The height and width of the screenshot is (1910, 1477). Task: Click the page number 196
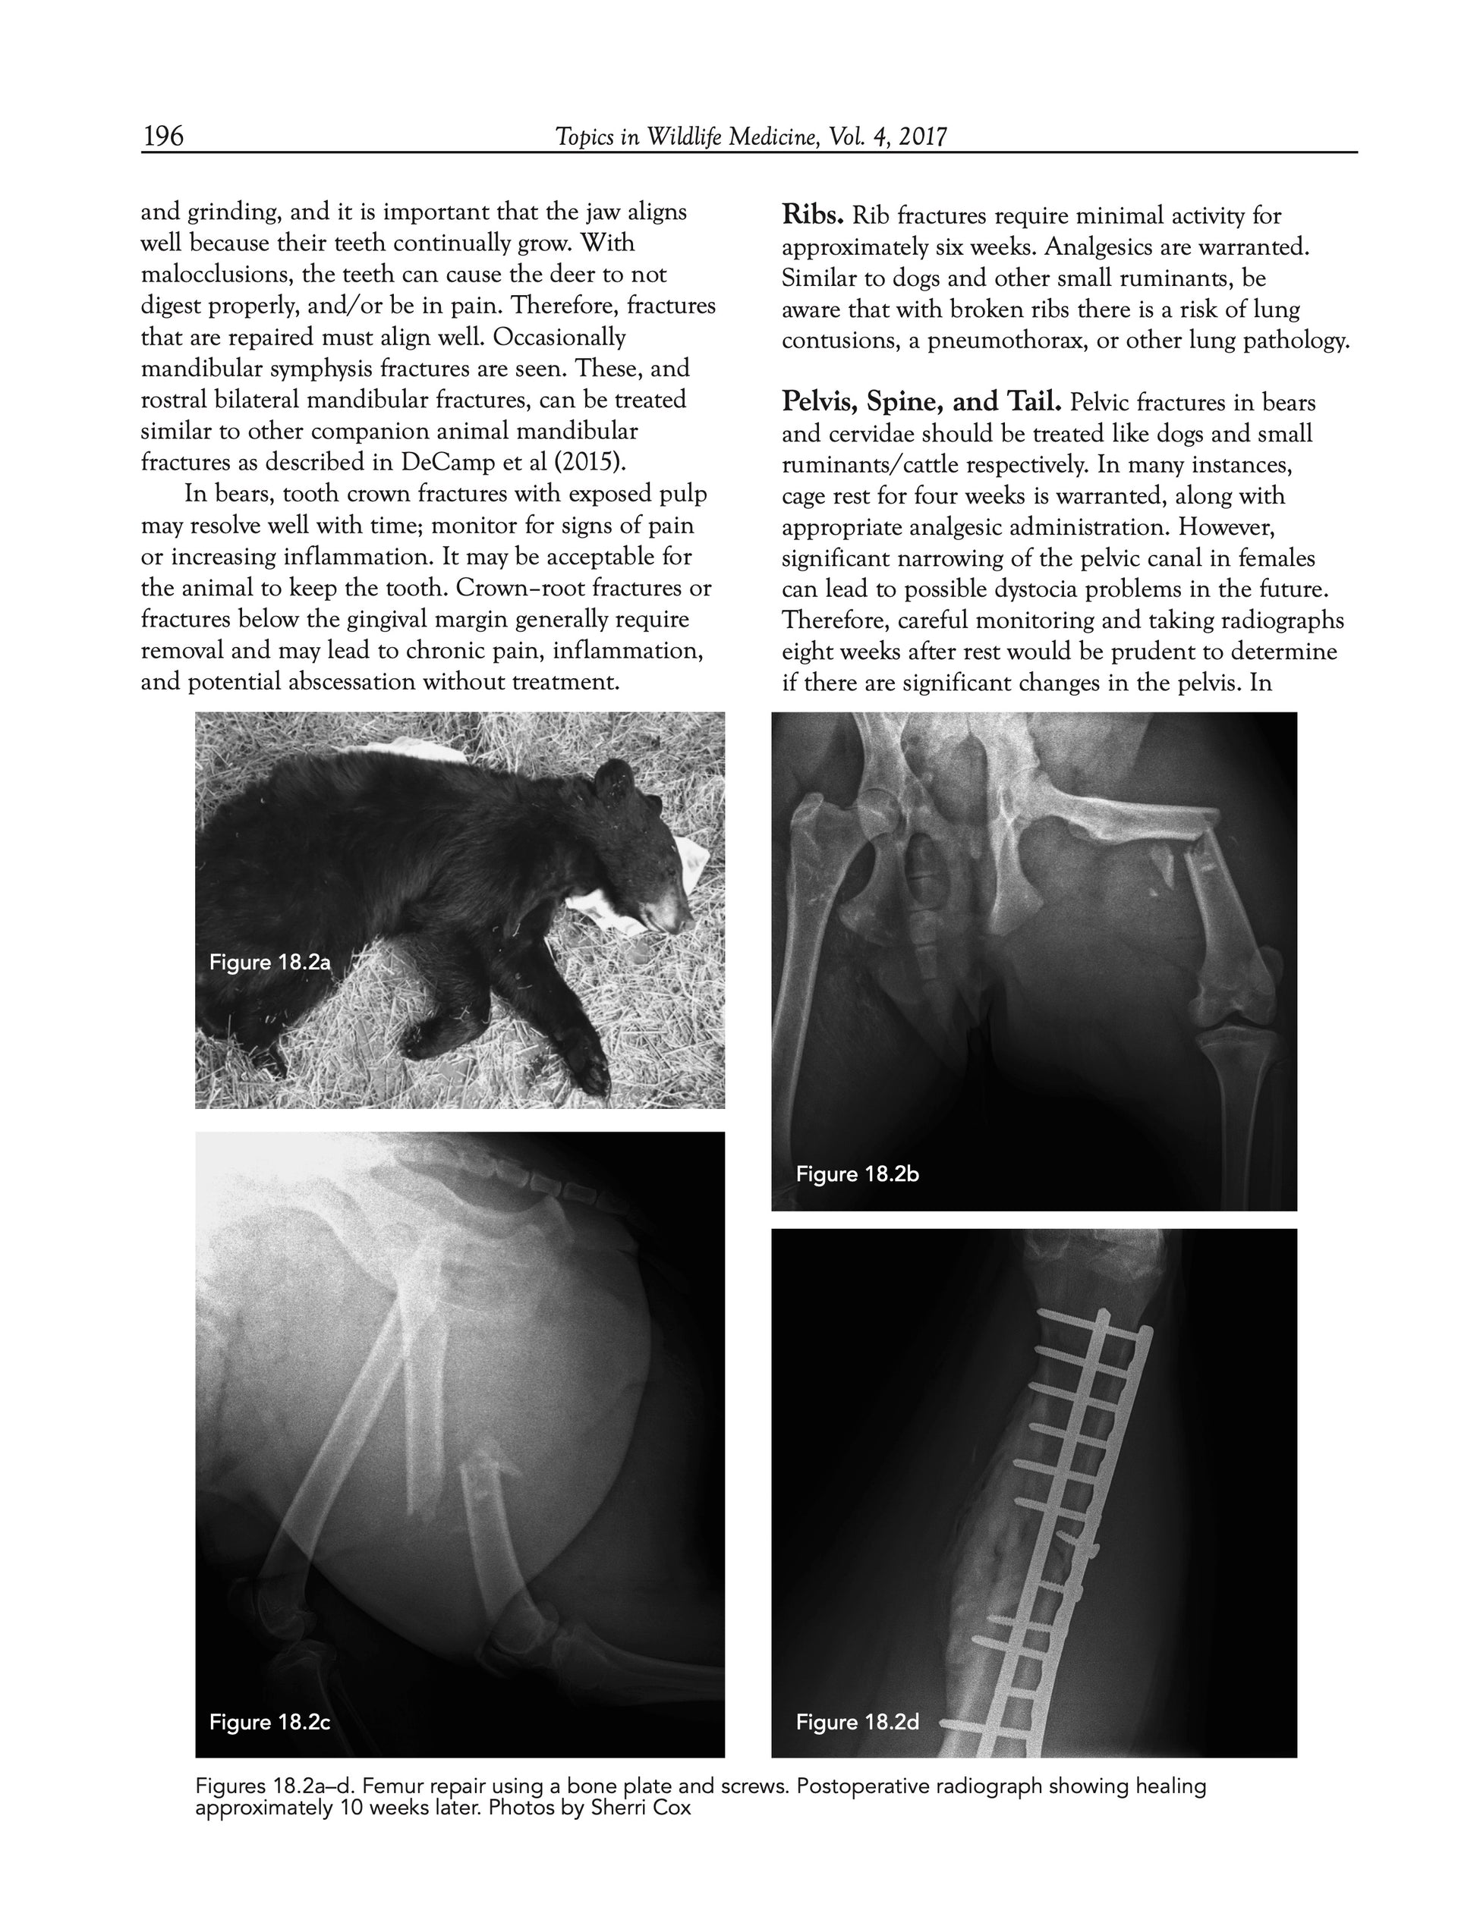point(162,136)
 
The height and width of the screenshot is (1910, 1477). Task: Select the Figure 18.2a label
point(269,963)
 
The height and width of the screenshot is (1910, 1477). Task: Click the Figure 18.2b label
point(858,1173)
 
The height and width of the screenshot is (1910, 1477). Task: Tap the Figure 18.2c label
point(269,1722)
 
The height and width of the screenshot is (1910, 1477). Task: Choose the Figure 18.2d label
point(858,1722)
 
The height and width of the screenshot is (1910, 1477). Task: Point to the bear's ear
point(614,774)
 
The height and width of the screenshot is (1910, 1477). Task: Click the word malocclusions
point(216,275)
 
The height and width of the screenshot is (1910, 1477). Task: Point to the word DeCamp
point(446,463)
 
